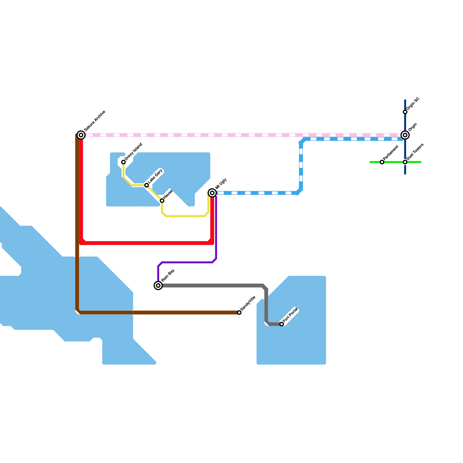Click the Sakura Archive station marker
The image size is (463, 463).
pos(81,135)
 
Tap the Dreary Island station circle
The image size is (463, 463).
pos(124,162)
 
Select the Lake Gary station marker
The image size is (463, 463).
pos(147,185)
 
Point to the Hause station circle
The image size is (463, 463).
pos(162,201)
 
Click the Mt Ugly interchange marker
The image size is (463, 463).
pos(212,193)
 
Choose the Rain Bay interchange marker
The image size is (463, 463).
pos(158,286)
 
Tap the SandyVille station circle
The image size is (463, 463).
pos(239,313)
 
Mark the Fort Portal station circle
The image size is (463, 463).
pos(282,324)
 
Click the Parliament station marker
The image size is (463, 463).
pos(382,162)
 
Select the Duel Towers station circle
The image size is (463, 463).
pos(405,162)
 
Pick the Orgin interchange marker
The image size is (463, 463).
pos(405,135)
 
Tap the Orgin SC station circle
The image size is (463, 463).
pos(405,112)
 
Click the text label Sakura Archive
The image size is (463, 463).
pos(95,121)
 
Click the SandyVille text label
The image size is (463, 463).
pos(248,304)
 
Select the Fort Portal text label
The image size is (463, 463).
pos(291,315)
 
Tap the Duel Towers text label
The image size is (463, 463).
pos(415,152)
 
